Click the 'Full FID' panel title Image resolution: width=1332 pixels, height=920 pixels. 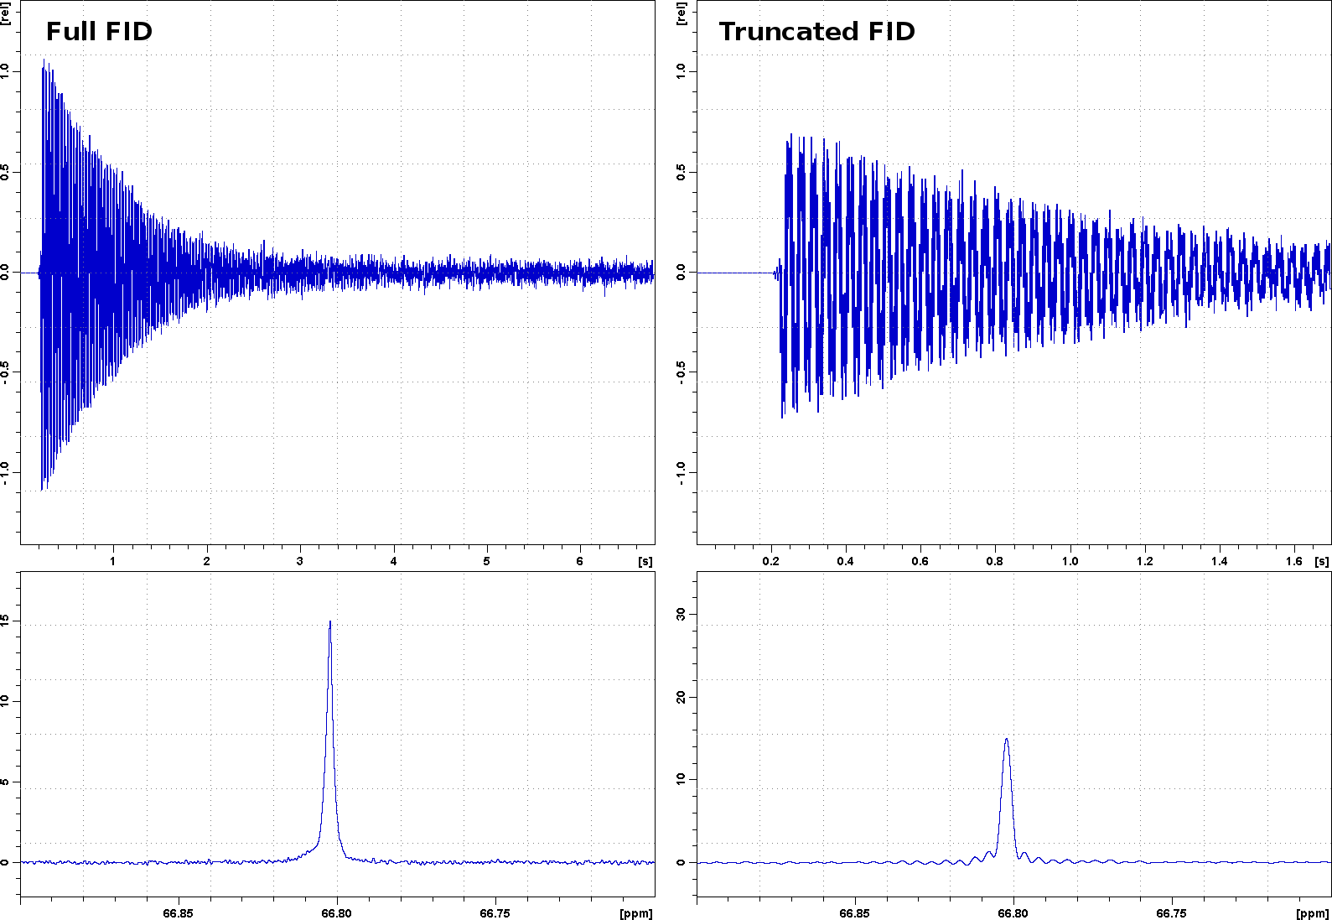click(99, 32)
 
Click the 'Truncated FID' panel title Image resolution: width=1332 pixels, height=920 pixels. click(816, 32)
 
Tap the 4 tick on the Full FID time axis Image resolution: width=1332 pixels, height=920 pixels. click(393, 561)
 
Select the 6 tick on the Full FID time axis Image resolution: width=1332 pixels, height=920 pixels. click(579, 561)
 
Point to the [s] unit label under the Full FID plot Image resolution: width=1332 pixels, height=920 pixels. click(645, 561)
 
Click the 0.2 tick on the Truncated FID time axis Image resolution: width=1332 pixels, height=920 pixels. click(771, 561)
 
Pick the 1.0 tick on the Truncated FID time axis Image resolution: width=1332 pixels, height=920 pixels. click(1070, 561)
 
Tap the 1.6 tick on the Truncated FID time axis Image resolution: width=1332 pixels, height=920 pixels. click(1294, 561)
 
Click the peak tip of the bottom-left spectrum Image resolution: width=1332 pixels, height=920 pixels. click(330, 621)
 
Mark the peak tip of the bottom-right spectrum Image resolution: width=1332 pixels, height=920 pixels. click(1006, 739)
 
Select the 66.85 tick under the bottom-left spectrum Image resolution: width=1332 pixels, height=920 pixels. click(178, 913)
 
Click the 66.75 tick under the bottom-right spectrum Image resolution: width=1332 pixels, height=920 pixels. click(1172, 913)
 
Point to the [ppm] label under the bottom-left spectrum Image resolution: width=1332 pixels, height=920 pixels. click(636, 913)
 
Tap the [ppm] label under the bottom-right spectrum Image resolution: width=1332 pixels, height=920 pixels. click(1313, 913)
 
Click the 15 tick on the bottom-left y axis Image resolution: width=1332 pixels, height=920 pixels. click(7, 621)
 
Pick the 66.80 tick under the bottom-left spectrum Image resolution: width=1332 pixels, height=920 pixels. click(337, 913)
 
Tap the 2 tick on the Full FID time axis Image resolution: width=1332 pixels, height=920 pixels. click(206, 561)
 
